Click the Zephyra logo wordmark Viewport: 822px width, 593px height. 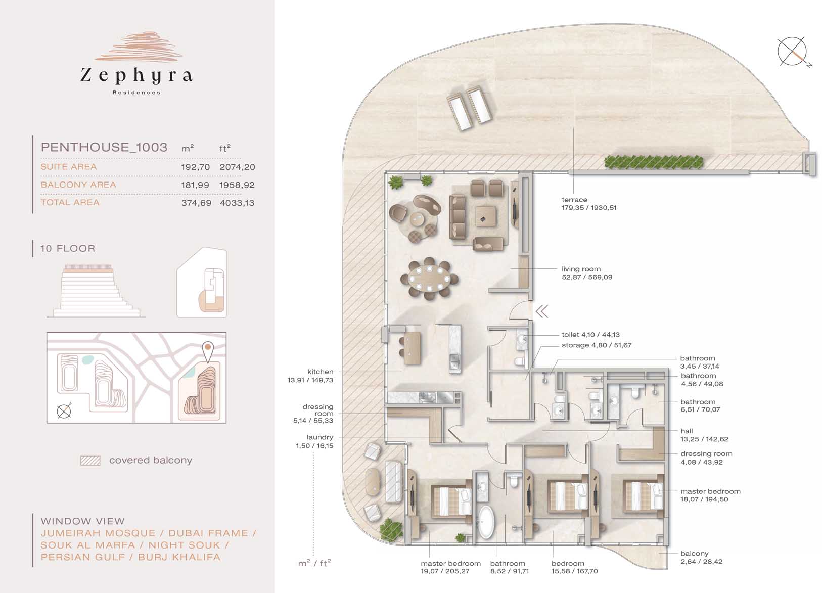click(x=136, y=75)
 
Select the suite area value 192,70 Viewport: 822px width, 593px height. click(x=195, y=167)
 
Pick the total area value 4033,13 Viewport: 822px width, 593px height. click(x=237, y=203)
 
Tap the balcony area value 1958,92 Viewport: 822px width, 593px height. click(x=237, y=185)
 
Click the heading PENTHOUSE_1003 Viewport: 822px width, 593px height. click(x=104, y=147)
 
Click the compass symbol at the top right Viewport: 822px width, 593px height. click(x=793, y=52)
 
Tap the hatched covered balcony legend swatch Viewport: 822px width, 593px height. click(x=90, y=461)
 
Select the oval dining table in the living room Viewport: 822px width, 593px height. click(x=429, y=279)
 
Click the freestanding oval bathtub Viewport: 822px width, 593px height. click(x=486, y=523)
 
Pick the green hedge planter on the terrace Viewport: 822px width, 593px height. click(x=654, y=162)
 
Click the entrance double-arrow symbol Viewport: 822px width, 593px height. click(x=542, y=311)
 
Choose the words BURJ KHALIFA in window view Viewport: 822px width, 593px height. click(x=179, y=557)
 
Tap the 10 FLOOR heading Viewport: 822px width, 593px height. click(x=68, y=248)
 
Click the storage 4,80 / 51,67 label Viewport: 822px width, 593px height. click(x=597, y=345)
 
